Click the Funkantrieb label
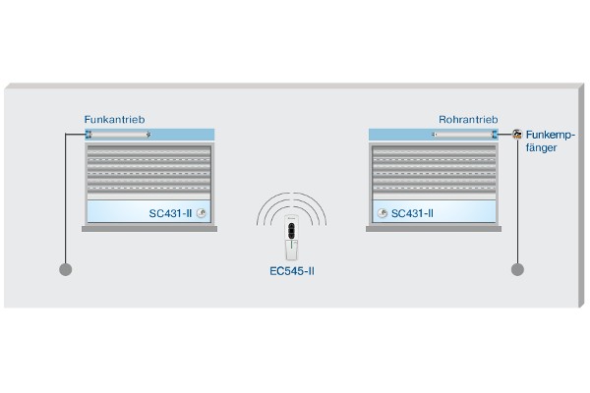(114, 120)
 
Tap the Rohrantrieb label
(468, 120)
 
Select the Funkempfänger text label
(551, 141)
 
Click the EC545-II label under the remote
(292, 271)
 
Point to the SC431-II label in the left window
(170, 213)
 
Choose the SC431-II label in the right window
(412, 213)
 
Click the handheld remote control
(292, 238)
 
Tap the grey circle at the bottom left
(66, 269)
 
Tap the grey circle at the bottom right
(517, 269)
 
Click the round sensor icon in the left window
(202, 213)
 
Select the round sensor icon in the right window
(383, 213)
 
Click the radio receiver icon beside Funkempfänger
(517, 134)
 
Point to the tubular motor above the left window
(118, 135)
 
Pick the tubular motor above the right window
(465, 135)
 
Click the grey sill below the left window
(149, 229)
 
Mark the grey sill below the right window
(434, 229)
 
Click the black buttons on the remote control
(291, 231)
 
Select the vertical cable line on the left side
(66, 198)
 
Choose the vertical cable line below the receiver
(518, 201)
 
